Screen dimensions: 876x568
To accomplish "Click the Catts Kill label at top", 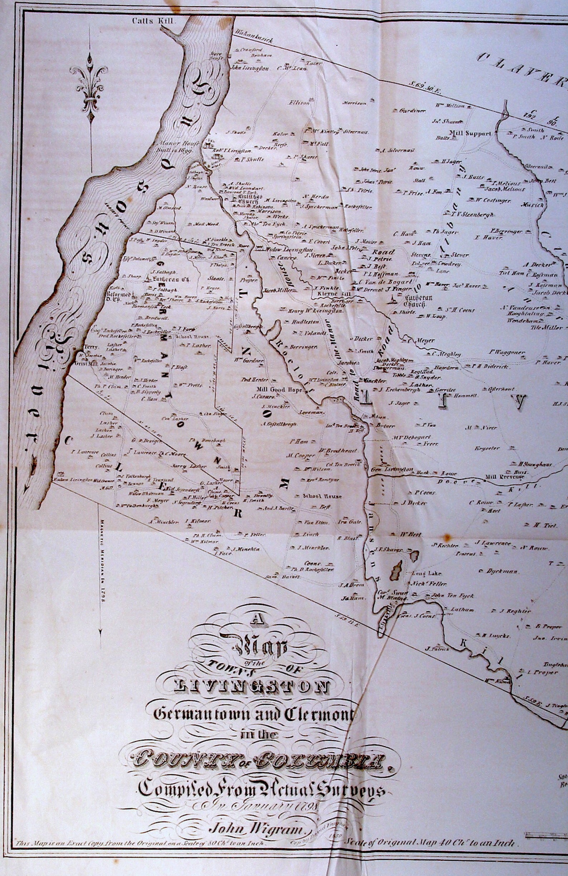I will (154, 21).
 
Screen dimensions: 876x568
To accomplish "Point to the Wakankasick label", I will (254, 36).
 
